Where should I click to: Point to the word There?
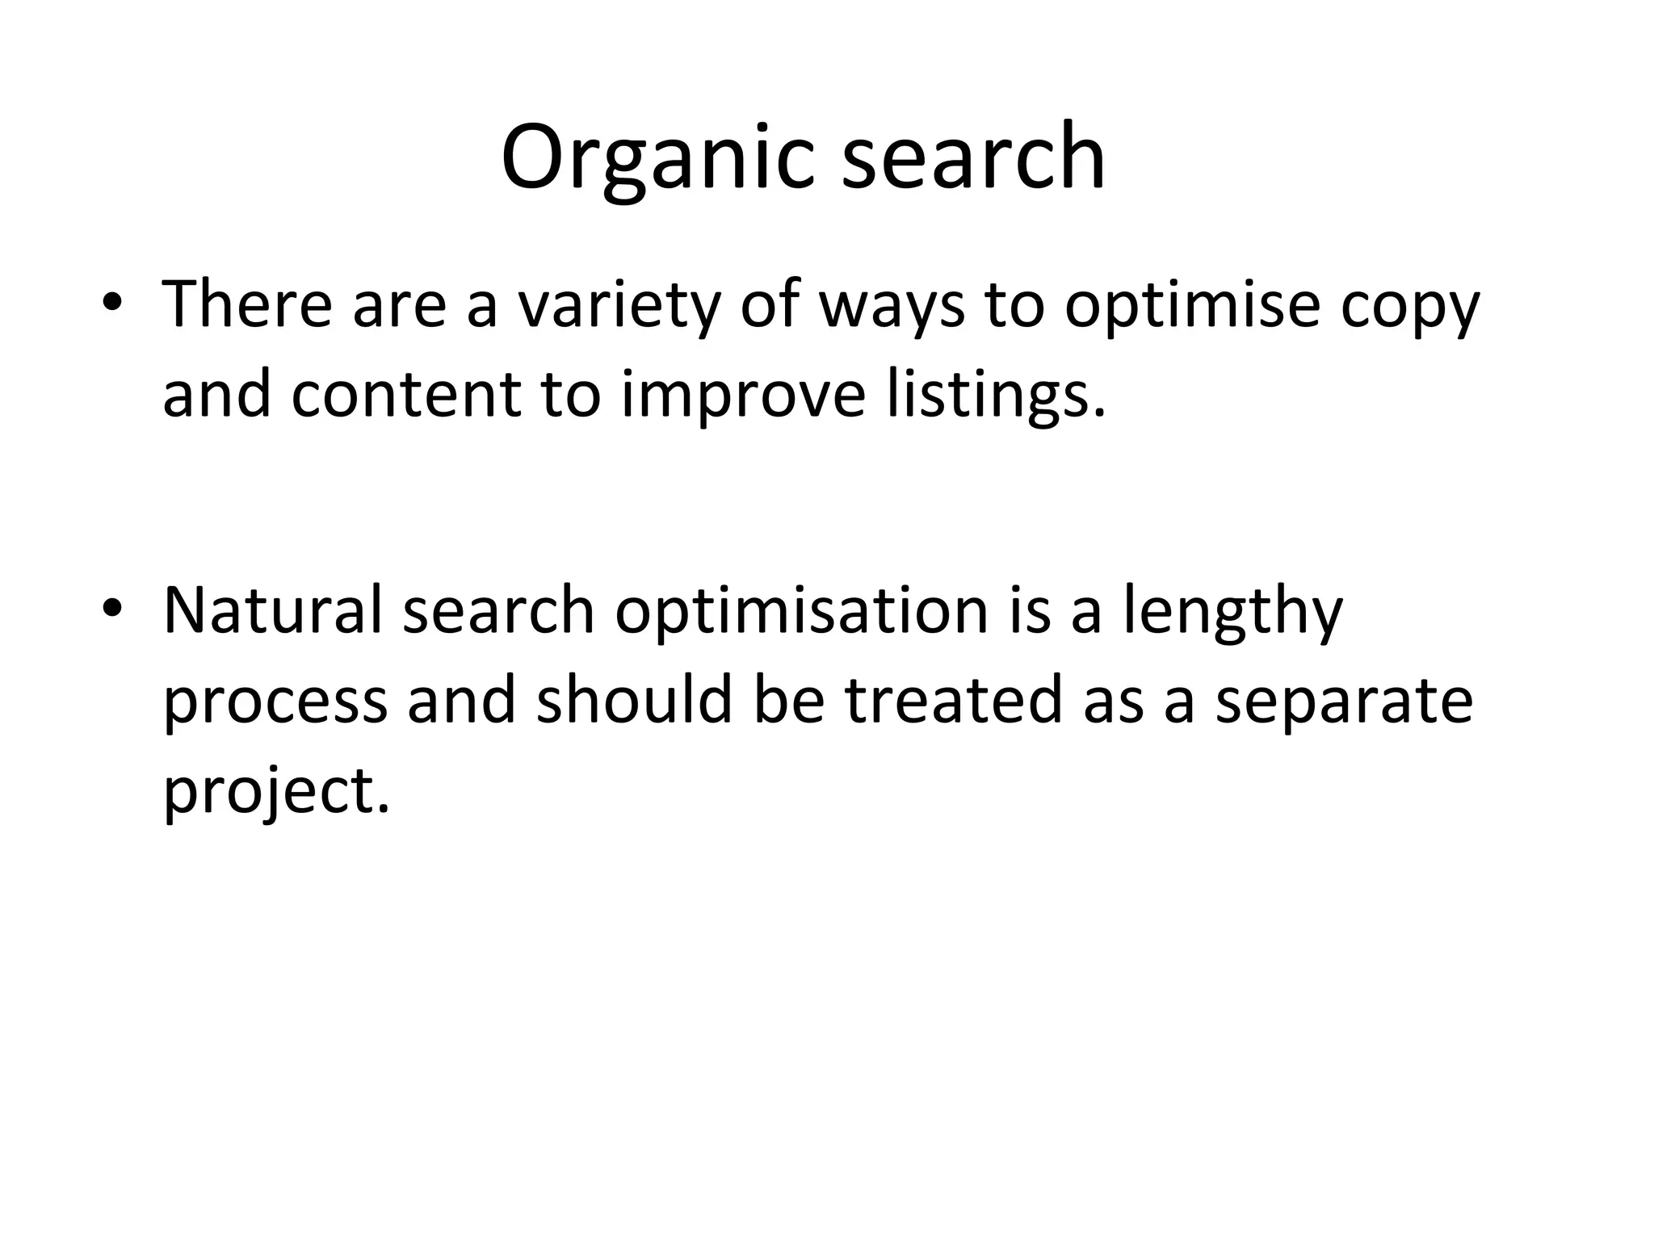tap(247, 304)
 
